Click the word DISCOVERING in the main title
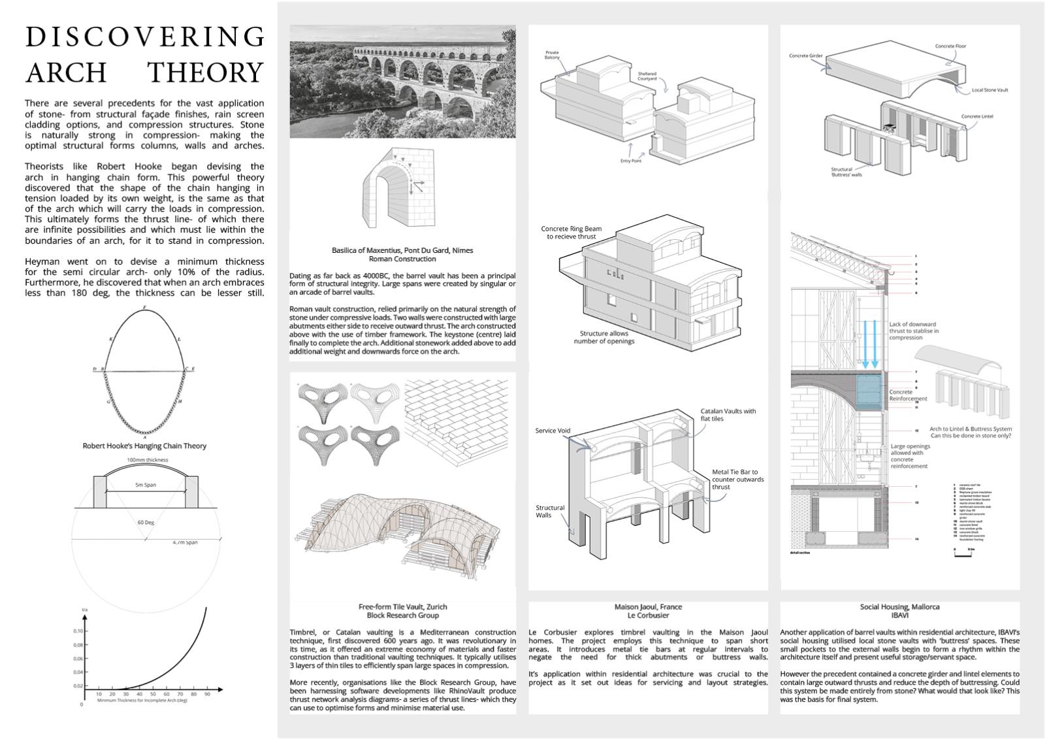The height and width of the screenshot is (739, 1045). (x=144, y=37)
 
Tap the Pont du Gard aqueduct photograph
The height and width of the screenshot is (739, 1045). (x=402, y=82)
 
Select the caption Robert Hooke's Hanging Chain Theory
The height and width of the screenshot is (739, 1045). (x=144, y=446)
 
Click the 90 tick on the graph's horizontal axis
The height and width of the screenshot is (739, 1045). (x=207, y=694)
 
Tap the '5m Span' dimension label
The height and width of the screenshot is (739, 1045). (x=145, y=485)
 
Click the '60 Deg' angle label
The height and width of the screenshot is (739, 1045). (x=146, y=523)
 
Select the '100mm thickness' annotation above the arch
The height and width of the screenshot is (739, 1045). (x=147, y=460)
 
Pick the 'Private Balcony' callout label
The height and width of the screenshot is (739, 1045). (x=552, y=56)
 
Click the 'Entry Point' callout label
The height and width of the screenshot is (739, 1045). (x=630, y=161)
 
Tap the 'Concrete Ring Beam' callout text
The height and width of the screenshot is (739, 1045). (x=571, y=229)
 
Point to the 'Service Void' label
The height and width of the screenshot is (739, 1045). (x=553, y=431)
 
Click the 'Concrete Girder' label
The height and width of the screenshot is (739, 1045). (x=805, y=56)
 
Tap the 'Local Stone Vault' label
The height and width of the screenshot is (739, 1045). (x=989, y=90)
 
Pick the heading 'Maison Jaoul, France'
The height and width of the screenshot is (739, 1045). (x=648, y=607)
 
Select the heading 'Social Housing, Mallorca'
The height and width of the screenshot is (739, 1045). (x=899, y=607)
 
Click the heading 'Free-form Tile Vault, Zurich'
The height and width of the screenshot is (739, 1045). (x=402, y=607)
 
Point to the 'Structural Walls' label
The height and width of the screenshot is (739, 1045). (x=550, y=511)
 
